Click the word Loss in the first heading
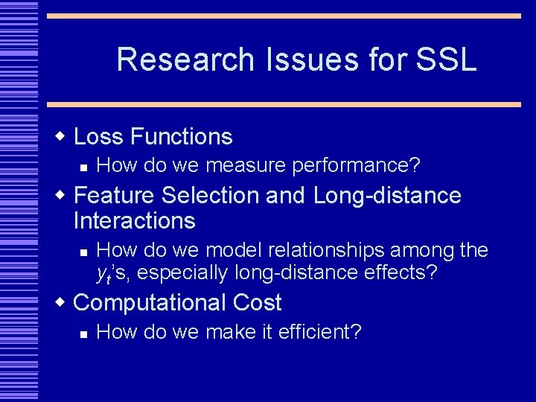coord(99,137)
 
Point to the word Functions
coord(181,137)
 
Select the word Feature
coord(115,196)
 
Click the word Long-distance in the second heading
coord(387,196)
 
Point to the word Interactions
coord(135,221)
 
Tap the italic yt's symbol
coord(113,274)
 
